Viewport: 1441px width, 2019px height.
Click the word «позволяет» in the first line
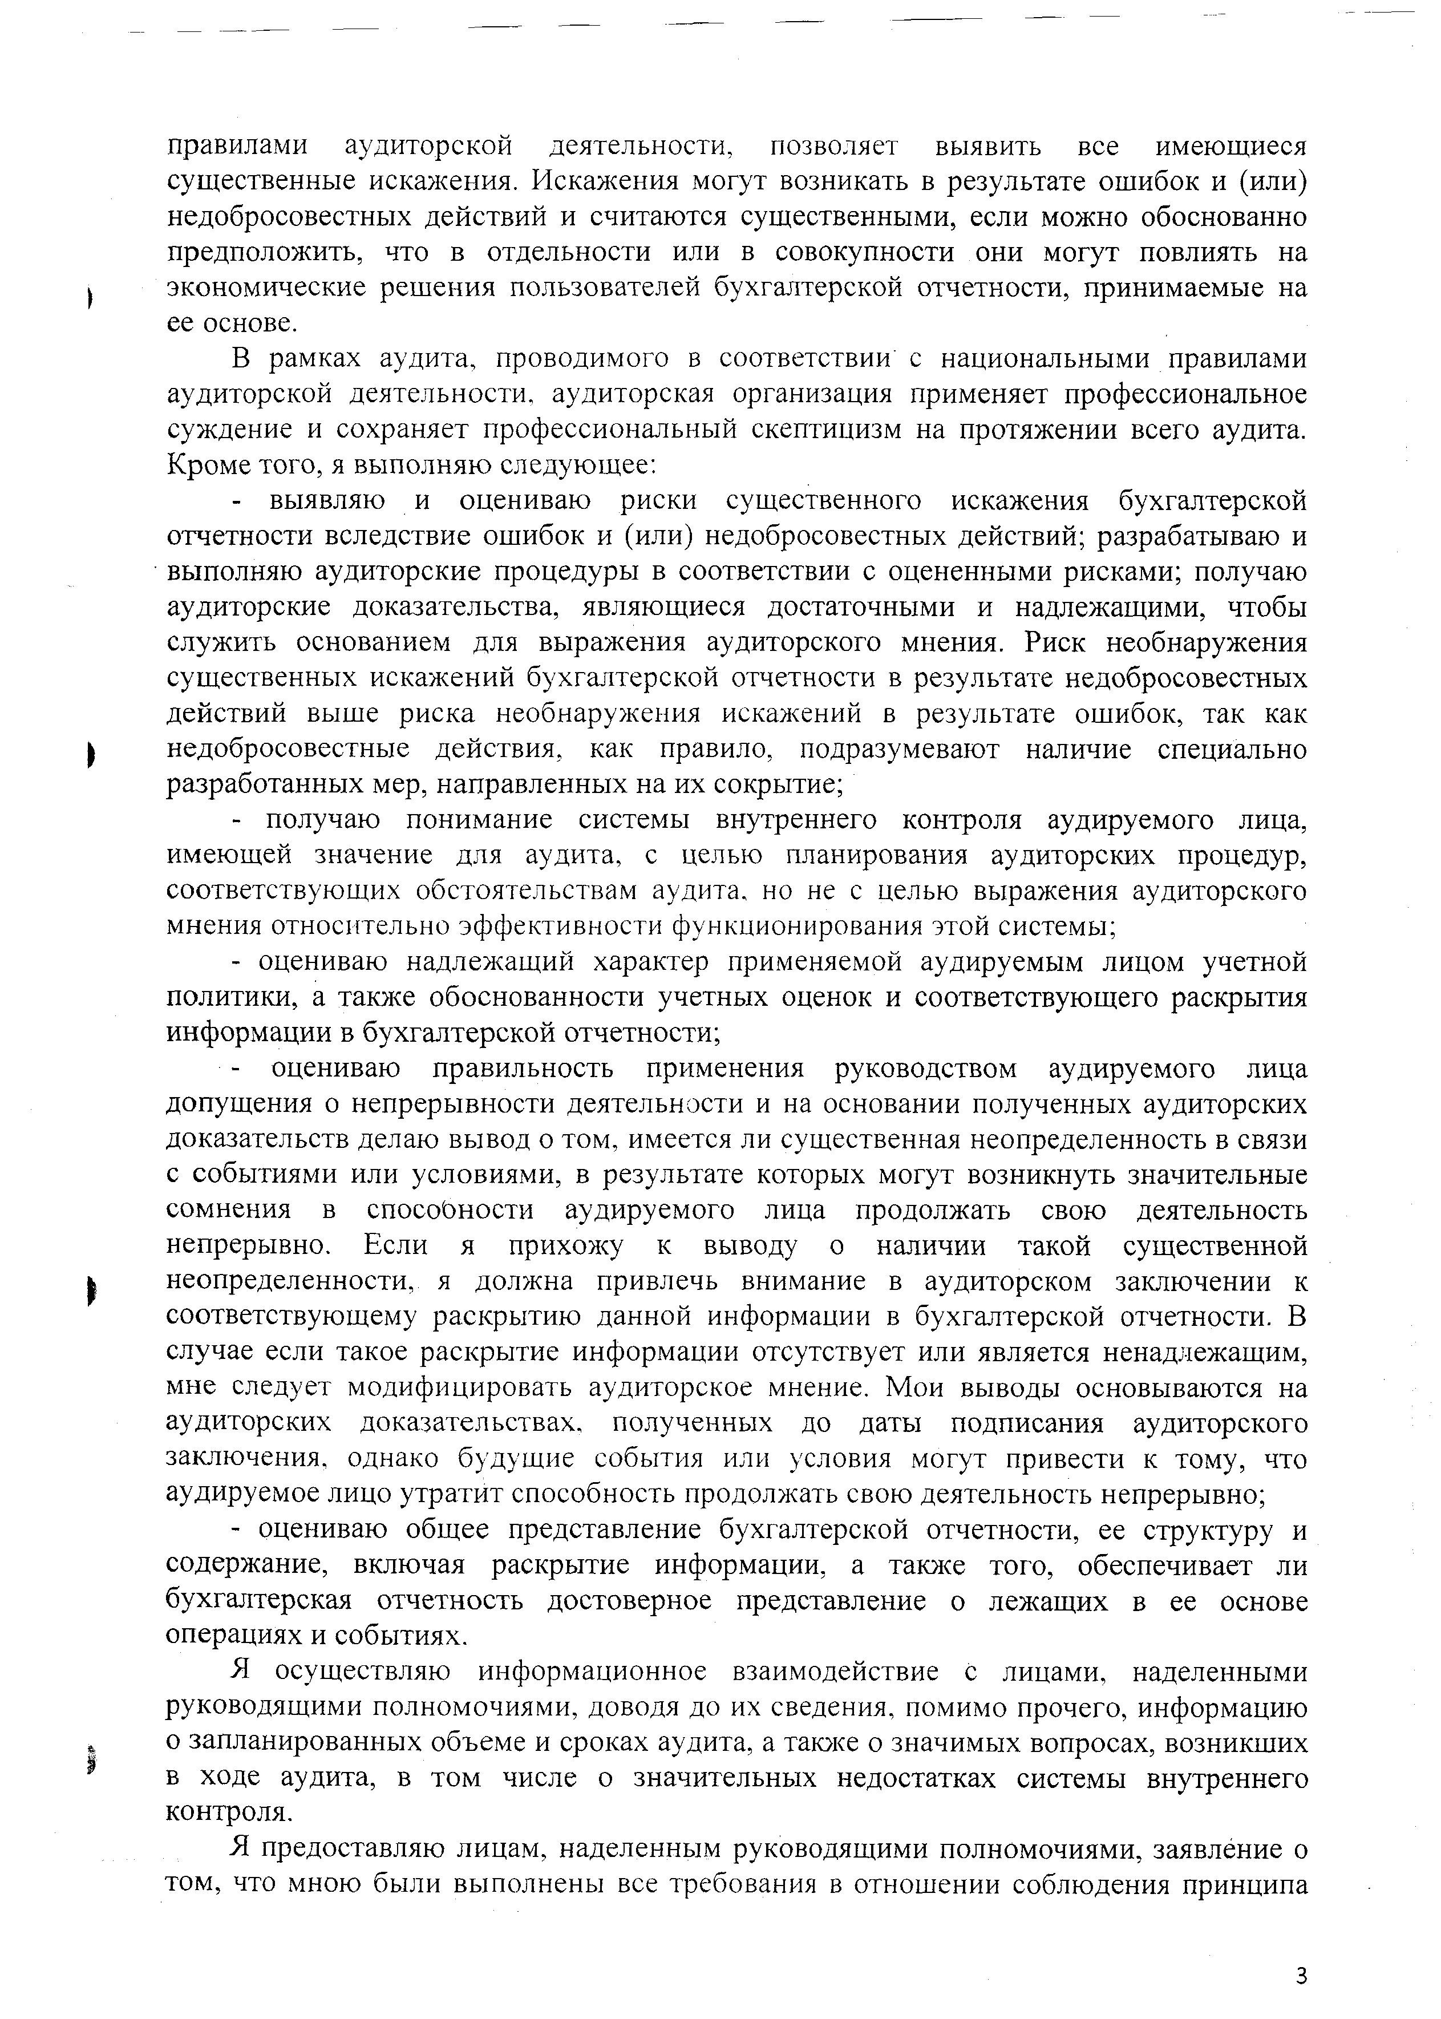[834, 145]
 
